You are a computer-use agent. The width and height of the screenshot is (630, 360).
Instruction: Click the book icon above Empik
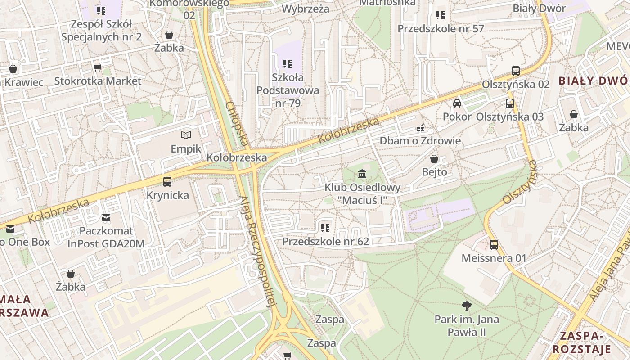click(x=185, y=135)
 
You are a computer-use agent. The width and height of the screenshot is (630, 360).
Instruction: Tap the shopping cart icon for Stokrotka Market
click(x=97, y=68)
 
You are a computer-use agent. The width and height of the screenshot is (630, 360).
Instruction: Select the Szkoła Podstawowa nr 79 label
click(x=288, y=90)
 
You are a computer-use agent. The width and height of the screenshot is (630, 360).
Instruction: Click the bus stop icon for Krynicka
click(x=167, y=182)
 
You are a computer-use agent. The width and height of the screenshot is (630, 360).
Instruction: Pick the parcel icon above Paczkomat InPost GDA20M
click(x=106, y=218)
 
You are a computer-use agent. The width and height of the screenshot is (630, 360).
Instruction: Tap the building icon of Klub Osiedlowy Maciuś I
click(x=362, y=174)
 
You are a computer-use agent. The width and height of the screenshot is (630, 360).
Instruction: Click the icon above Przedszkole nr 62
click(x=325, y=228)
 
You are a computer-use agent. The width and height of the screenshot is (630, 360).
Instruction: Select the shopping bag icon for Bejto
click(x=434, y=159)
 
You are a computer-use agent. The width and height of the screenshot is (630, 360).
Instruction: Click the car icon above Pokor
click(x=457, y=103)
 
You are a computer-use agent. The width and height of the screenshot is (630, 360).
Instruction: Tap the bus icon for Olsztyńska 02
click(x=516, y=71)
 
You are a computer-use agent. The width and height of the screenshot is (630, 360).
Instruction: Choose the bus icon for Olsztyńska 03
click(x=509, y=103)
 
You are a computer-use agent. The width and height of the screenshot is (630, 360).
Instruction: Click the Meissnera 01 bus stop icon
click(x=494, y=245)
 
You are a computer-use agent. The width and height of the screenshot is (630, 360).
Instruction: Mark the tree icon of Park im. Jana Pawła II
click(x=467, y=306)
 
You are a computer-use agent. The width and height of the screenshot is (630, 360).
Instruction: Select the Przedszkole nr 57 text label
click(x=441, y=29)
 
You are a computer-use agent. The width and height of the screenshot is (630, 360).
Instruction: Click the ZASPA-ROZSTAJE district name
click(x=581, y=342)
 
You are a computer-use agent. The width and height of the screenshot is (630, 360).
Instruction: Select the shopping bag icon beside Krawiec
click(x=13, y=69)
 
